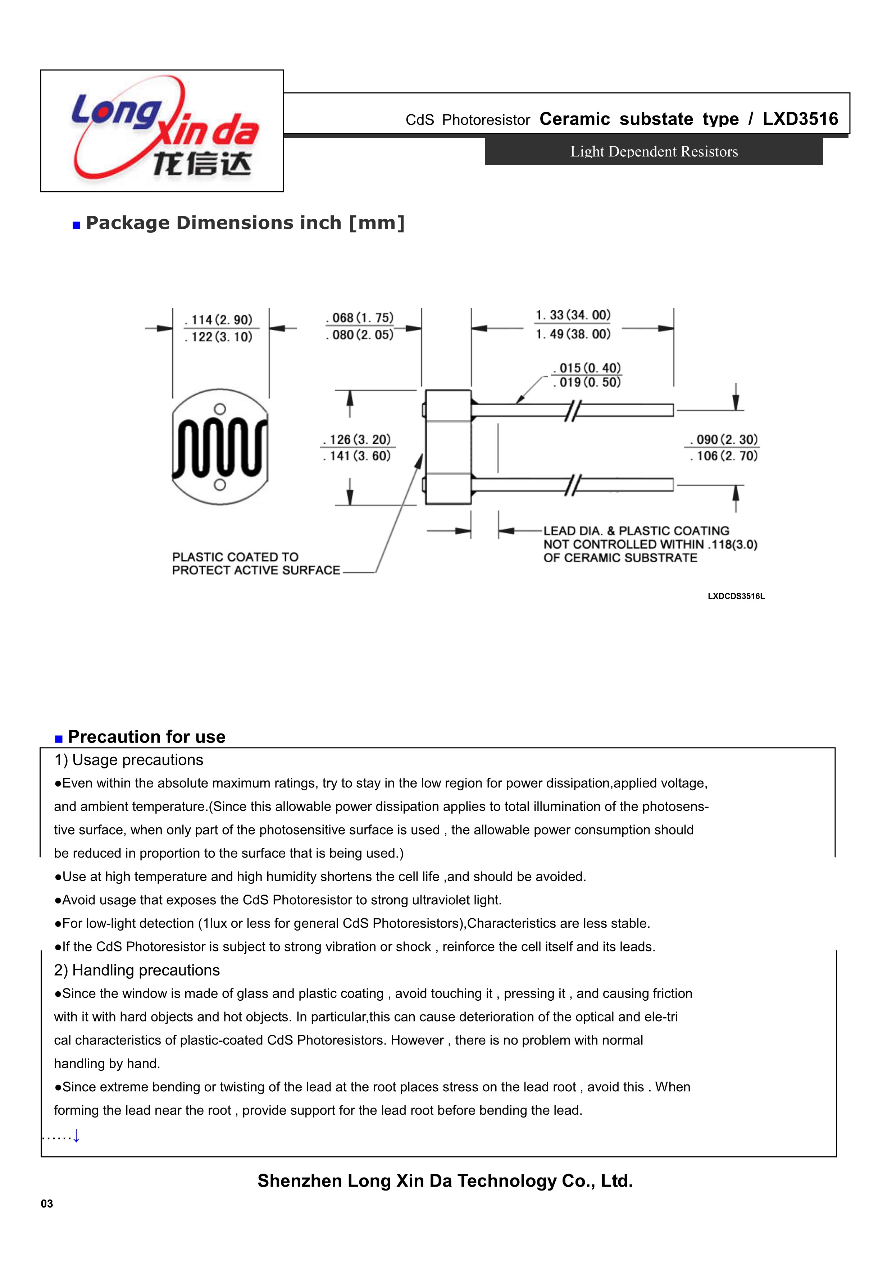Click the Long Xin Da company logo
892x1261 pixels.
164,131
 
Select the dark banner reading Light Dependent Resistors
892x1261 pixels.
654,152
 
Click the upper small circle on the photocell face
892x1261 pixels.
220,409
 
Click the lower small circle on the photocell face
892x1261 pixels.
220,484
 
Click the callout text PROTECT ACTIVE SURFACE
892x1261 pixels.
256,571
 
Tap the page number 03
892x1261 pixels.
47,1204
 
